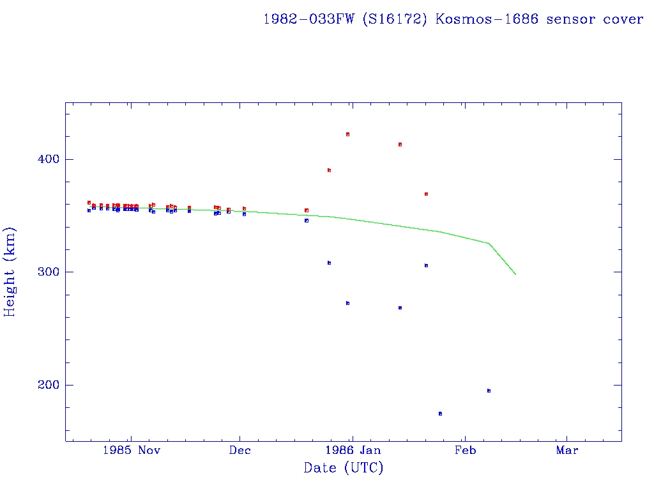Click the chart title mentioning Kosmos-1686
[453, 19]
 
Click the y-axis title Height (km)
[10, 272]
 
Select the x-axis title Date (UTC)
[344, 468]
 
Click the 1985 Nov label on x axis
[130, 450]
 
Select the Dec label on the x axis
[240, 450]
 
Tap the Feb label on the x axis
[465, 450]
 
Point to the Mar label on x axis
[567, 450]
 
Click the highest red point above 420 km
[347, 134]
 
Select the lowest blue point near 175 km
[440, 414]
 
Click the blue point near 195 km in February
[489, 391]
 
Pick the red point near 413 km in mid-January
[400, 144]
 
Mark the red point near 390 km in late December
[329, 170]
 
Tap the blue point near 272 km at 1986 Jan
[347, 303]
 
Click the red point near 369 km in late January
[426, 194]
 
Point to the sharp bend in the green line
[489, 243]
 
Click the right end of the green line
[515, 274]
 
